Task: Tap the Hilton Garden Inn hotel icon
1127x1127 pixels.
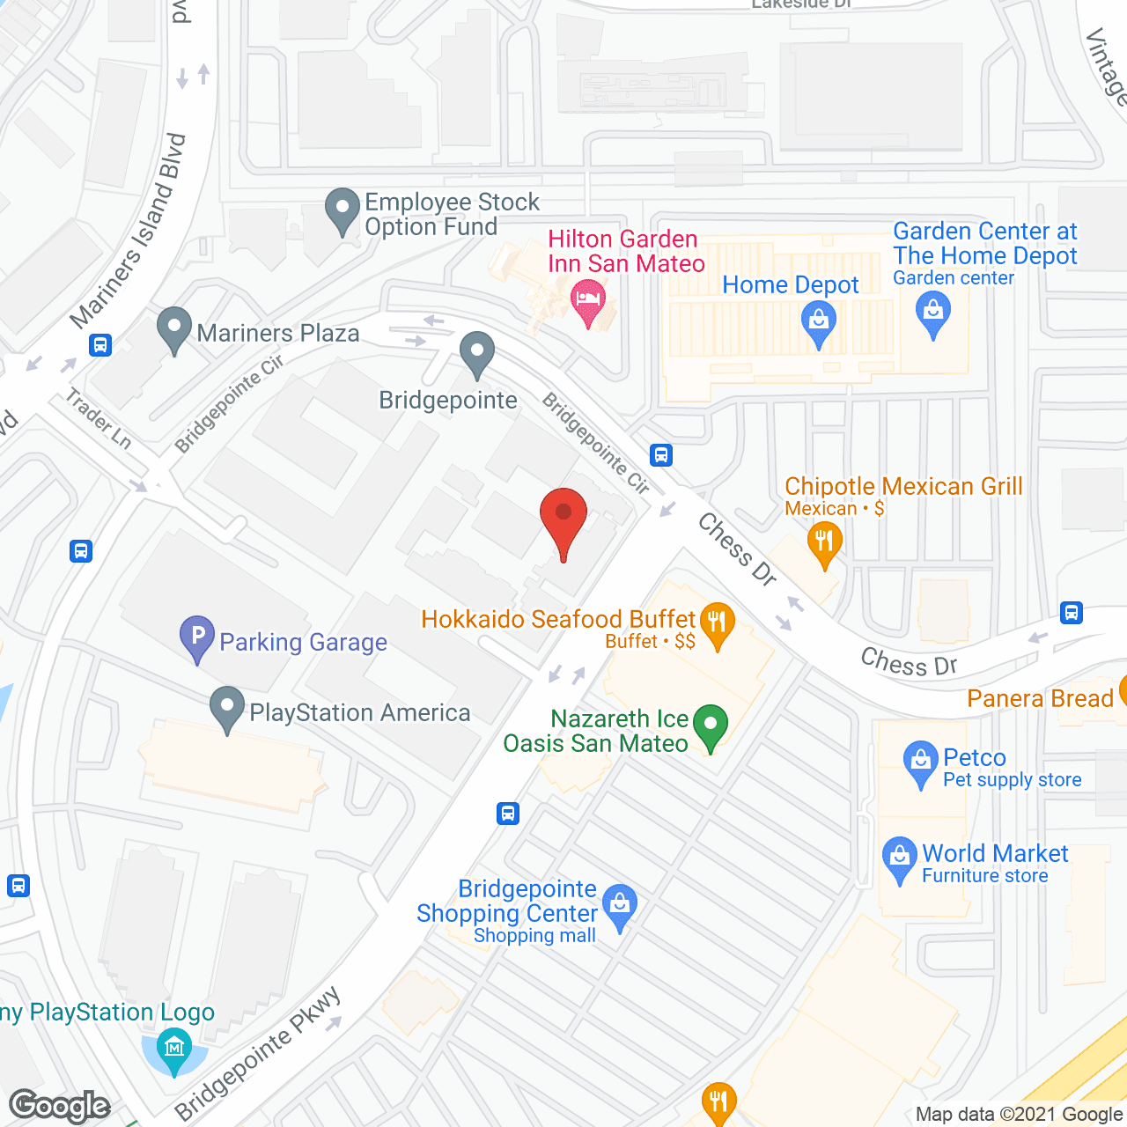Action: [x=588, y=299]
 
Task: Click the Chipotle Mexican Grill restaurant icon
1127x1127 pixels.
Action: [x=824, y=541]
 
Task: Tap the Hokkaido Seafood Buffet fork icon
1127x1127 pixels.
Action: [x=718, y=623]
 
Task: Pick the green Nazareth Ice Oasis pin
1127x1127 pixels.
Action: [x=710, y=726]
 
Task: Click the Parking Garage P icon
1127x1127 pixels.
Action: [x=197, y=636]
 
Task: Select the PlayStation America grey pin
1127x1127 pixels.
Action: [x=227, y=706]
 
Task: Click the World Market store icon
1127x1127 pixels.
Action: [x=899, y=857]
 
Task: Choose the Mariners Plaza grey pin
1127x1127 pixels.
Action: [x=174, y=328]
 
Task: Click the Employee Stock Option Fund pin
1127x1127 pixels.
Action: [x=343, y=210]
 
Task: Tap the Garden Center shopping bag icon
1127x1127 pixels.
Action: [x=933, y=312]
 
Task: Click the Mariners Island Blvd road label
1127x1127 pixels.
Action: [x=130, y=231]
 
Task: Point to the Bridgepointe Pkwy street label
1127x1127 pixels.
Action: [x=257, y=1053]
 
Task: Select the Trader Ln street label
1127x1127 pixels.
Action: [x=99, y=418]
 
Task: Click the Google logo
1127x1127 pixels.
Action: [x=60, y=1105]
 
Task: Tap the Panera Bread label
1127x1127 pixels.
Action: [x=1040, y=698]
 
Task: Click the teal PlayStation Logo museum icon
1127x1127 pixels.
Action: [x=174, y=1048]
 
